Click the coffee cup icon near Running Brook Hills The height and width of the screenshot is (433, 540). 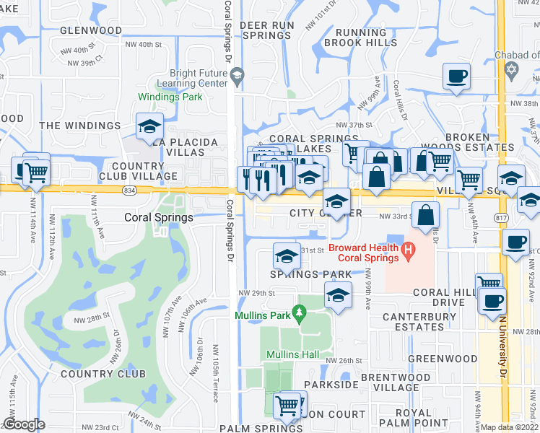[456, 76]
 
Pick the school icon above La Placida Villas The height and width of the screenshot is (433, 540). [149, 126]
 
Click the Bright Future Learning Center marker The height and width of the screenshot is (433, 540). [237, 74]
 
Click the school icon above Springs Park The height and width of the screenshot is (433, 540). [287, 256]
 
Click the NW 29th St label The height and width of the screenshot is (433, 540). [259, 293]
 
